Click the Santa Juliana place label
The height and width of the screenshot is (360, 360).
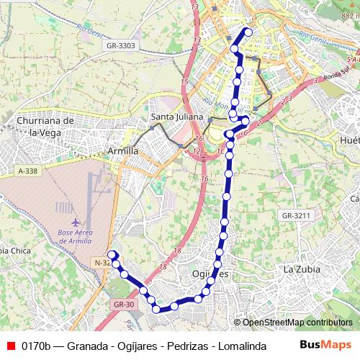click(177, 116)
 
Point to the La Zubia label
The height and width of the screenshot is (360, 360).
click(300, 269)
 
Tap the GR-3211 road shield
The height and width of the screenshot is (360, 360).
click(296, 215)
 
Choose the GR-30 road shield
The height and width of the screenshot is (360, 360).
click(125, 305)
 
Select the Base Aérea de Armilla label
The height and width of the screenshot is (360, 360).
click(74, 237)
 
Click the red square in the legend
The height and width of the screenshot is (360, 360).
click(10, 346)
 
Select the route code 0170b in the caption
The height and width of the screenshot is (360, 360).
click(36, 346)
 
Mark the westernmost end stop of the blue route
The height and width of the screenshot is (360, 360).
click(112, 254)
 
